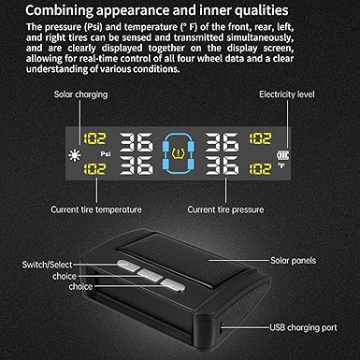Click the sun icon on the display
pos(75,155)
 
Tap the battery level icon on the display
pos(282,155)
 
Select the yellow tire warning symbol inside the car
pos(178,153)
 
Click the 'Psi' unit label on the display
pos(106,154)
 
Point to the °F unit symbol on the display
pos(281,166)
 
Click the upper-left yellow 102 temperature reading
pos(95,138)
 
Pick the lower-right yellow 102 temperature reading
pos(260,168)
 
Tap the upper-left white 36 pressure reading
pos(137,142)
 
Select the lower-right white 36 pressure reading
pos(223,166)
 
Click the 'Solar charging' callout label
pos(80,94)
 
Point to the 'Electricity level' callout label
pos(287,94)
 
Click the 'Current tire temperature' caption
pos(96,209)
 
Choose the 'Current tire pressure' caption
pos(225,209)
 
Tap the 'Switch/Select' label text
pos(47,265)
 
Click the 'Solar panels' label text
pos(294,260)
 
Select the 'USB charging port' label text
pos(303,327)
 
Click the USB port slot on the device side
pos(221,327)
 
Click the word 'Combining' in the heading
pos(59,11)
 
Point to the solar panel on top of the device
pos(180,261)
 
